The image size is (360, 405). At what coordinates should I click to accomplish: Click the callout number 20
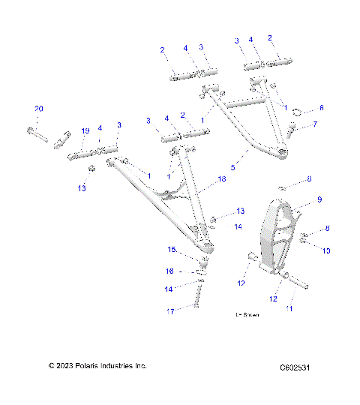click(39, 109)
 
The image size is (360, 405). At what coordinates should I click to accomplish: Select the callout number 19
click(85, 130)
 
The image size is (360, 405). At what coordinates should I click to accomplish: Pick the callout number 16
click(170, 271)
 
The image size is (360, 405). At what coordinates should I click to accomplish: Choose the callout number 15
click(171, 249)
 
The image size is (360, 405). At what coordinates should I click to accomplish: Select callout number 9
click(319, 199)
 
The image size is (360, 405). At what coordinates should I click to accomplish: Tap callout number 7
click(315, 124)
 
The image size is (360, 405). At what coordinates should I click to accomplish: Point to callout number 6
click(322, 108)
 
